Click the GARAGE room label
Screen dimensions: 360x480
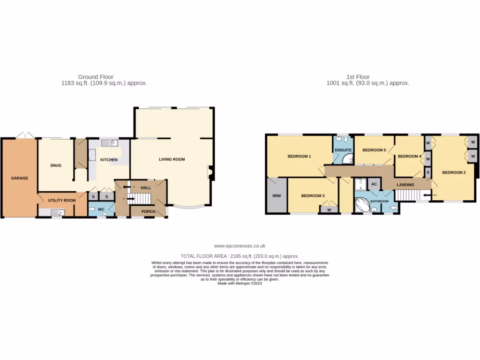[20, 178]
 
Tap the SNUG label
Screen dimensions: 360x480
[56, 165]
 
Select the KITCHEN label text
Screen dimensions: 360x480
[109, 160]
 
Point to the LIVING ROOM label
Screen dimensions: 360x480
[172, 159]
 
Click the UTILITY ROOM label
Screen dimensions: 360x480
[61, 200]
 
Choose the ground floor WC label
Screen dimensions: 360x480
[101, 210]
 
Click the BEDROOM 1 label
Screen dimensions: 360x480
[300, 156]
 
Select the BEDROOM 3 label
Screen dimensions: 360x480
[313, 196]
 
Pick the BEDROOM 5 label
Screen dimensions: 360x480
[374, 150]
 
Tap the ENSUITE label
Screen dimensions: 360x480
[343, 150]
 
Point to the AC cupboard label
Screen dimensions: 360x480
[374, 184]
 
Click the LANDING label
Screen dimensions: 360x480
[405, 185]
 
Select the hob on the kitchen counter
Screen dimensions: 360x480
[92, 155]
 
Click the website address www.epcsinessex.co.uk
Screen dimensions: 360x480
[240, 246]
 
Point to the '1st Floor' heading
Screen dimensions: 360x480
[358, 77]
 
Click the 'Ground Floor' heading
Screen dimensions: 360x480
[96, 77]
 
